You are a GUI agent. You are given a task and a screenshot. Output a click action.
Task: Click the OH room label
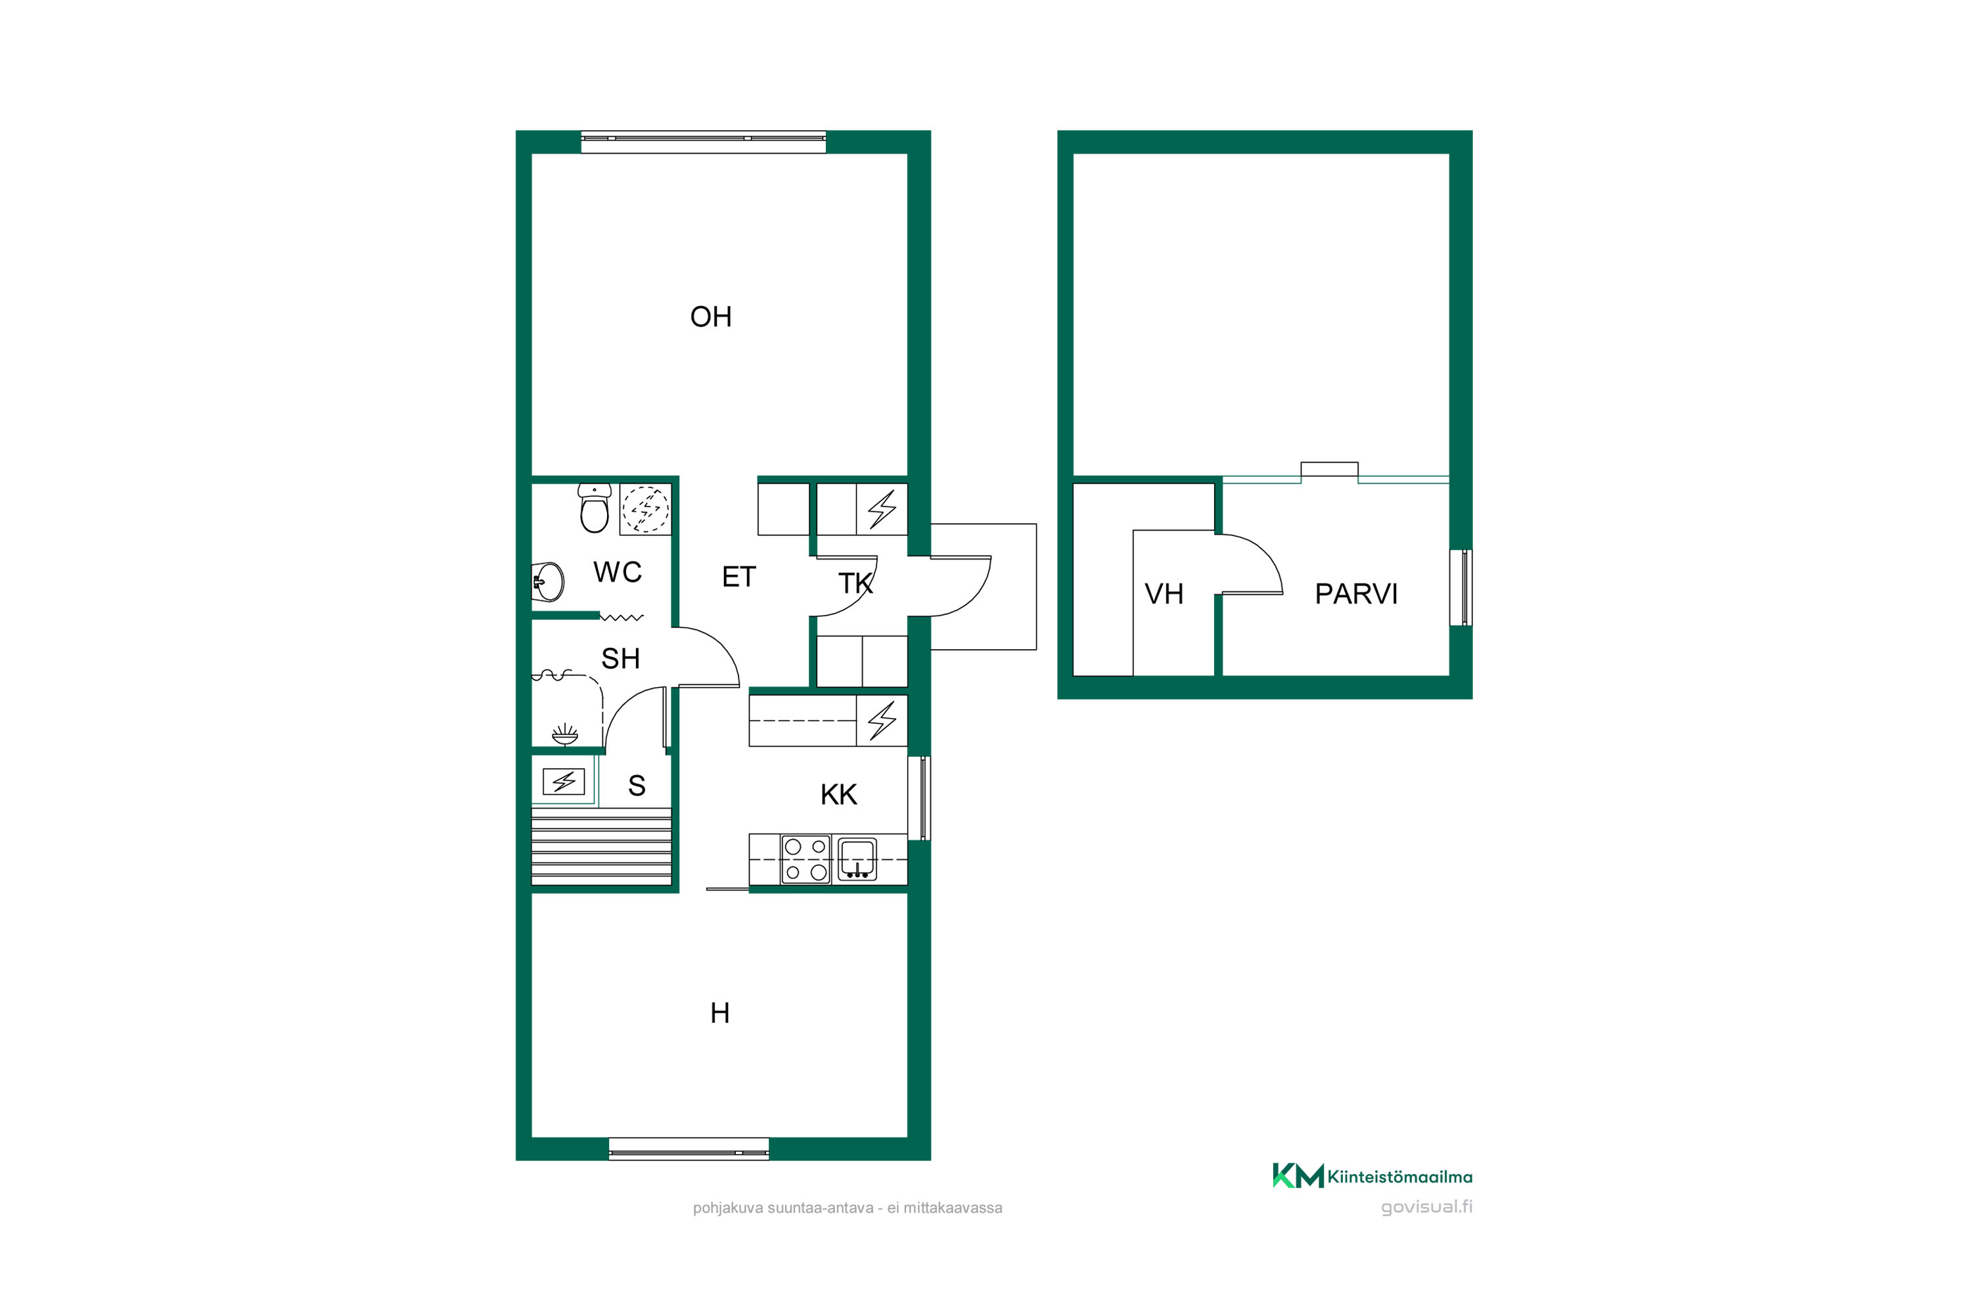(711, 317)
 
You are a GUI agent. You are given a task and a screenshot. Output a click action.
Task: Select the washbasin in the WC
(548, 581)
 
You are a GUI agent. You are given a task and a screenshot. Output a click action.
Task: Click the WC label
(618, 572)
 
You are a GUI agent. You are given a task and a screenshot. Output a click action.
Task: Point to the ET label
(739, 578)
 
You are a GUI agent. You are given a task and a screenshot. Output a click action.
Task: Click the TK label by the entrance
(855, 583)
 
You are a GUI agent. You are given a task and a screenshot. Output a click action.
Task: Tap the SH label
(620, 660)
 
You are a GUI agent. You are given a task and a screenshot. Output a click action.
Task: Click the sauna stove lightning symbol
(564, 782)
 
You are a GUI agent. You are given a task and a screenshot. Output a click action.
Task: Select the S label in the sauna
(637, 786)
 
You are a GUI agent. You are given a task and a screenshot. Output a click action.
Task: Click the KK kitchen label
(839, 795)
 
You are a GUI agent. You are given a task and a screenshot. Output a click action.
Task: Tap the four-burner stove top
(805, 859)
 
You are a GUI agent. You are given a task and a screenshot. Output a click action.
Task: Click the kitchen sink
(857, 859)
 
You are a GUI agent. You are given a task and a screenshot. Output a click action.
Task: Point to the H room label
(720, 1014)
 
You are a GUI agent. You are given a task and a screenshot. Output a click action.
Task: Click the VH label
(1164, 594)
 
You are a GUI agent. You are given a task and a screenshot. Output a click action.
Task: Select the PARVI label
(1356, 594)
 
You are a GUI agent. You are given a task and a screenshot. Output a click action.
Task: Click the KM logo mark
(1298, 1176)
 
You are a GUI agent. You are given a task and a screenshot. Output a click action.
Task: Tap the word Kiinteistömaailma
(1399, 1177)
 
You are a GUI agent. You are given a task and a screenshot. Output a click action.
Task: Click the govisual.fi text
(1426, 1207)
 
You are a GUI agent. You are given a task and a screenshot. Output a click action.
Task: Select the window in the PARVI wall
(1461, 587)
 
